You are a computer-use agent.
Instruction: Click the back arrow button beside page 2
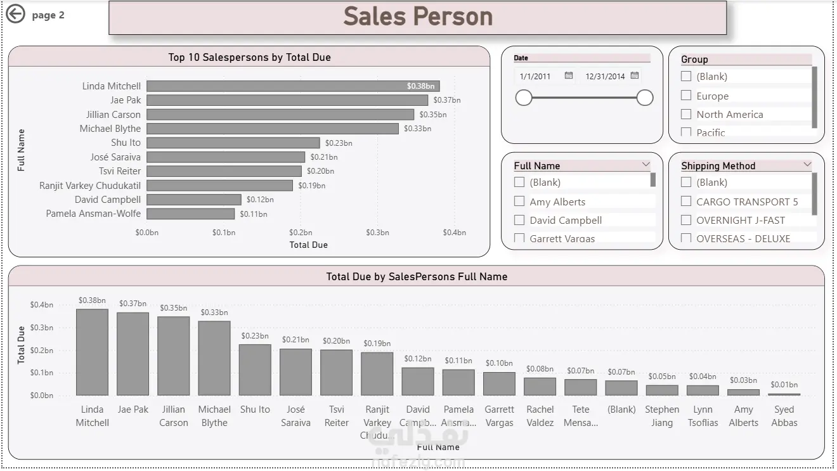(15, 14)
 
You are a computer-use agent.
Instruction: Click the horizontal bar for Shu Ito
(233, 143)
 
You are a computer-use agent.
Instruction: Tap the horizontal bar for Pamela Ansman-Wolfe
(190, 214)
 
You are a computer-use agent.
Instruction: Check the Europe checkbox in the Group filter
(686, 96)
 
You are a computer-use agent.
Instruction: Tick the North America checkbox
(686, 114)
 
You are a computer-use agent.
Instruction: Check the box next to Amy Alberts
(519, 202)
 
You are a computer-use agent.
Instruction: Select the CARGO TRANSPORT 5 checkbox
(686, 202)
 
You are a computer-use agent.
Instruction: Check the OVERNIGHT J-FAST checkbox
(686, 220)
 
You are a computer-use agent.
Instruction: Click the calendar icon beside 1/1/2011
(569, 75)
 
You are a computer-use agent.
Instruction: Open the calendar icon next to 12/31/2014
(635, 75)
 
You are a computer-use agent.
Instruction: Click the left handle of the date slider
(524, 98)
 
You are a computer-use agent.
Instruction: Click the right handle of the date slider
(645, 98)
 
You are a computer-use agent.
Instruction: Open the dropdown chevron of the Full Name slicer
(646, 165)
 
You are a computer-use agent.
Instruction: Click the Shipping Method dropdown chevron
(807, 165)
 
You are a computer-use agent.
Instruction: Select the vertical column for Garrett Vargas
(500, 384)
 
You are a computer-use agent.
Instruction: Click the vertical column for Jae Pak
(133, 354)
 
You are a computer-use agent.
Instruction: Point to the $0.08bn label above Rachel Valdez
(540, 369)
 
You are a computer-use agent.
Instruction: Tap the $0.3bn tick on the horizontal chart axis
(377, 233)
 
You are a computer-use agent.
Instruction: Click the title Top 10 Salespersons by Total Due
(249, 57)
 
